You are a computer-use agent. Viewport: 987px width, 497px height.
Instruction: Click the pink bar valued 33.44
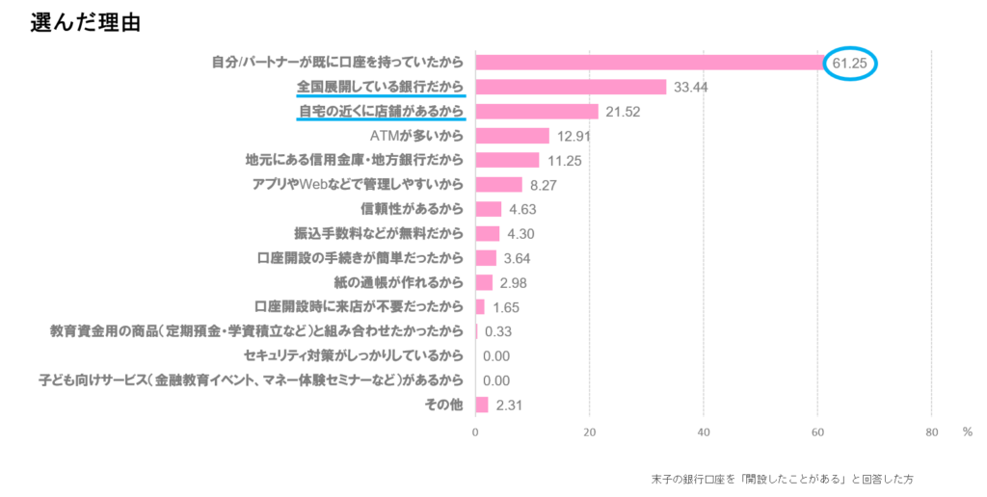(x=571, y=88)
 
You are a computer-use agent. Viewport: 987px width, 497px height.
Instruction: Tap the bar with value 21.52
(x=537, y=112)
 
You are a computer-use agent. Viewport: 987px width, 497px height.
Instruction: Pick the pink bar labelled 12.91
(x=513, y=136)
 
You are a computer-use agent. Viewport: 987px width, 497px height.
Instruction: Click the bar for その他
(x=482, y=405)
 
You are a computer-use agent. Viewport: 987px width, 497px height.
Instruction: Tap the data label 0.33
(x=497, y=331)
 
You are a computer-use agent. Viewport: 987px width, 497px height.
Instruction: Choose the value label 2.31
(x=509, y=405)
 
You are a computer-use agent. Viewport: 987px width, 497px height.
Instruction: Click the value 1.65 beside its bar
(x=506, y=307)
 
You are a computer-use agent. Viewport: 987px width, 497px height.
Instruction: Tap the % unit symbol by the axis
(x=967, y=432)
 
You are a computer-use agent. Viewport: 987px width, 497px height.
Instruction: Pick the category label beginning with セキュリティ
(x=355, y=356)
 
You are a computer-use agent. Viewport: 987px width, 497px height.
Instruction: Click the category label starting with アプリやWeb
(x=358, y=185)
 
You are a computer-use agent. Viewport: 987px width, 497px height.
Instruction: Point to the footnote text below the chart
(x=782, y=478)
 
